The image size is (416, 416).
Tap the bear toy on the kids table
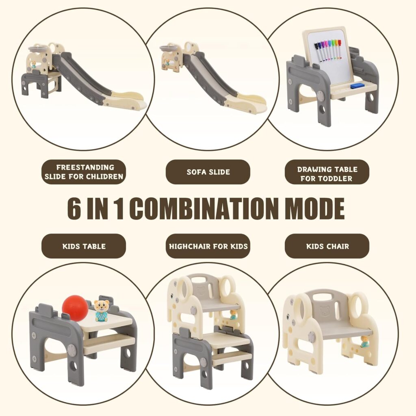point(101,311)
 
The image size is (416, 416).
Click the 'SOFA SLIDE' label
point(208,172)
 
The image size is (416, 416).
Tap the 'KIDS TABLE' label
point(84,246)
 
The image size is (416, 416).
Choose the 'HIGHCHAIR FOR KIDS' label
point(208,246)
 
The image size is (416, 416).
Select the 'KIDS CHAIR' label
point(327,246)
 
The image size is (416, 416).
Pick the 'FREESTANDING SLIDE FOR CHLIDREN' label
point(84,172)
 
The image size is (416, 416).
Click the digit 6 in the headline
point(74,208)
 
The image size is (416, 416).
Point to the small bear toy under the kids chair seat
point(365,342)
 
